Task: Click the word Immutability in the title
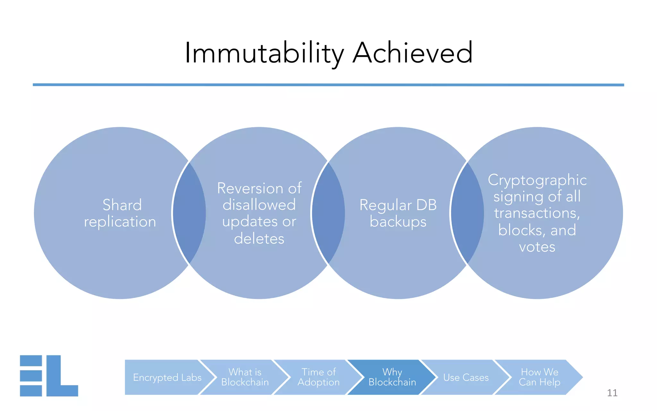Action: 264,53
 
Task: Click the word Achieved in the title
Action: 413,53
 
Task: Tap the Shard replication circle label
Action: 120,213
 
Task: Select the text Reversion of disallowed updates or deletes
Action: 259,213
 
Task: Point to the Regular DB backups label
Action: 398,213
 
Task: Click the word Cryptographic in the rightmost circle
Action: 537,180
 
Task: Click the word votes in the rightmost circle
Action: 537,247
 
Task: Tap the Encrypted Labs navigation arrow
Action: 167,377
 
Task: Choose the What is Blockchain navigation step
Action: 245,377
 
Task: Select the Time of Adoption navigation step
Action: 319,377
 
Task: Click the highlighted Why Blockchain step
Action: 392,377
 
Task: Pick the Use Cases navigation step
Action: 466,377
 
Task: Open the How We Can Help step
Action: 540,377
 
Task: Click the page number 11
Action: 612,393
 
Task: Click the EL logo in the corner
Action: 49,376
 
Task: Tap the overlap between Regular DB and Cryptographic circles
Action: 467,213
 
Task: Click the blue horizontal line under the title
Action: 328,85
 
